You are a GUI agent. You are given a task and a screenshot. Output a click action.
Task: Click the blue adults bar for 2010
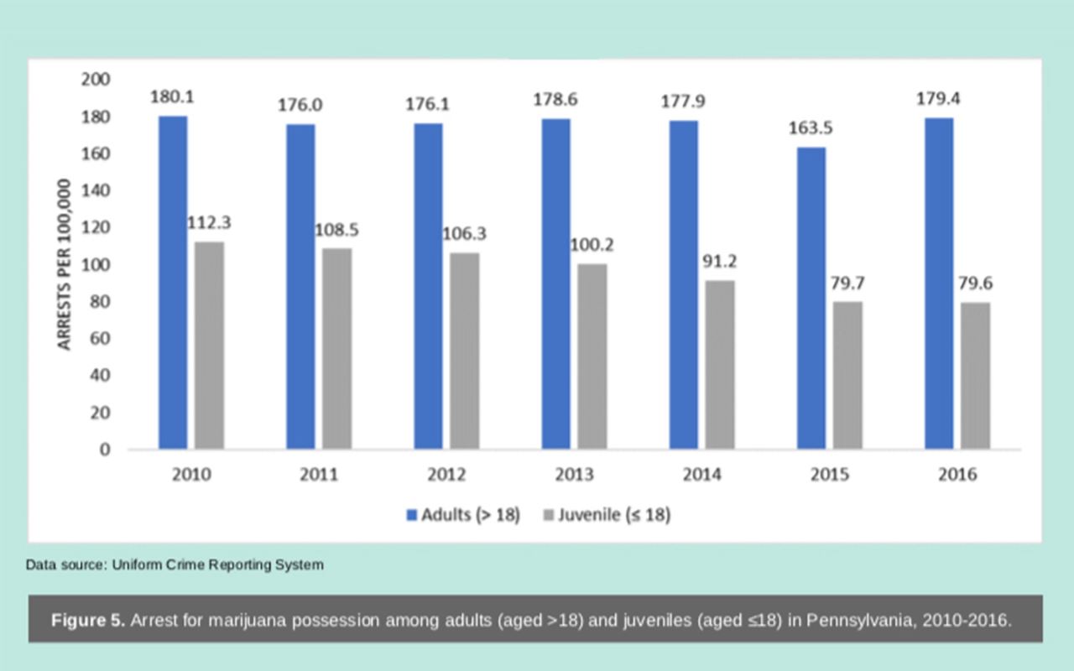tap(173, 282)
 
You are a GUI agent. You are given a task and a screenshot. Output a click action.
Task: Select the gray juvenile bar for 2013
tap(592, 356)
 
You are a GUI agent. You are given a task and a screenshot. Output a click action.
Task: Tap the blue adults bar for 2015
tap(811, 298)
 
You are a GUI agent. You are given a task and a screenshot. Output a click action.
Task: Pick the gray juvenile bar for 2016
tap(975, 375)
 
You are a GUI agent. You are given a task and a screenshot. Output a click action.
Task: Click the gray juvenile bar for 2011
tap(337, 348)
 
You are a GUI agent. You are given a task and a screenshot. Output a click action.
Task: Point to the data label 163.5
tap(810, 129)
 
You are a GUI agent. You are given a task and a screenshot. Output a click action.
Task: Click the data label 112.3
tap(209, 223)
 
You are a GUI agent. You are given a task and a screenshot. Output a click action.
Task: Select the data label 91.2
tap(720, 261)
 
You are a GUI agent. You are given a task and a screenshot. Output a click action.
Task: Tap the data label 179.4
tap(938, 99)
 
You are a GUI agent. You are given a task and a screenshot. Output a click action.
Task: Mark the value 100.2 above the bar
tap(592, 245)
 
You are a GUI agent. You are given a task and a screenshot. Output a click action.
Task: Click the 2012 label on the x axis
tap(446, 475)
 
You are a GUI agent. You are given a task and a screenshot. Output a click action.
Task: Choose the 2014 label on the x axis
tap(701, 475)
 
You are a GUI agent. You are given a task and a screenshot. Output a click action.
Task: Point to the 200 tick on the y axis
tap(96, 79)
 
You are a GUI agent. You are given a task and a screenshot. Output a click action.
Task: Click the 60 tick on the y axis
tap(101, 338)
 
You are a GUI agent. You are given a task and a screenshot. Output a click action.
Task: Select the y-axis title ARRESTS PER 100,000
tap(65, 263)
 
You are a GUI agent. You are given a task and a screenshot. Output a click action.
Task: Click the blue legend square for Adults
tap(412, 515)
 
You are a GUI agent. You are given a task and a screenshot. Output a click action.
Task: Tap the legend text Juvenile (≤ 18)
tap(614, 515)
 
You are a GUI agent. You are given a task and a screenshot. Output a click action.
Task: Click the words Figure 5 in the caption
tap(88, 621)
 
